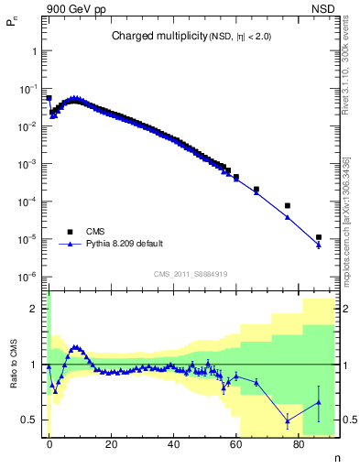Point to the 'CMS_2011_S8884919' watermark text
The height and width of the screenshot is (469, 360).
click(x=191, y=274)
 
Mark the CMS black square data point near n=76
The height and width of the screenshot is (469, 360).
click(x=288, y=205)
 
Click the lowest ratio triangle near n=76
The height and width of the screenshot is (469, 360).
click(x=288, y=420)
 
